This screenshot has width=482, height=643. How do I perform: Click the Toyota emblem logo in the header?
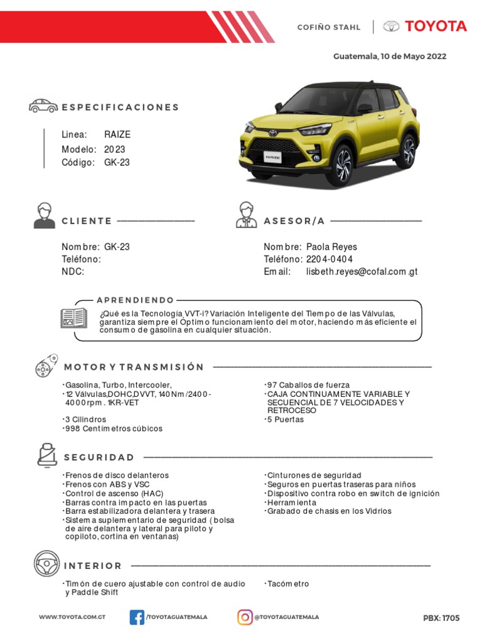(x=392, y=26)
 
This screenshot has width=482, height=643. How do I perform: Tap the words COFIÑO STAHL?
(x=328, y=27)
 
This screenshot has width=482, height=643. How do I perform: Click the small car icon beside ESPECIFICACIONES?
(x=43, y=106)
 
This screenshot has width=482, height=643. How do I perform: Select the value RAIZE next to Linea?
(x=117, y=134)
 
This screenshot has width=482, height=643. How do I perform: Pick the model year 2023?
(x=115, y=149)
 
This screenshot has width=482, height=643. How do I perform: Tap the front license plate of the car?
(x=271, y=159)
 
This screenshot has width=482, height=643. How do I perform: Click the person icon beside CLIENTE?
(x=44, y=215)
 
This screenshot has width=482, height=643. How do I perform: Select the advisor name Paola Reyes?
(x=331, y=247)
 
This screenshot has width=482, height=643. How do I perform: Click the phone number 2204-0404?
(x=329, y=259)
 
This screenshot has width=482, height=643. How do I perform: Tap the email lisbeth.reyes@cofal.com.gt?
(x=361, y=272)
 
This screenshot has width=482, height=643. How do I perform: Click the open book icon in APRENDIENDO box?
(x=73, y=318)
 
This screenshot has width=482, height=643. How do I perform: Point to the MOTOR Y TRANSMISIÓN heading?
(x=134, y=367)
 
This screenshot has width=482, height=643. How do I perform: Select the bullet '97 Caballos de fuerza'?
(x=309, y=385)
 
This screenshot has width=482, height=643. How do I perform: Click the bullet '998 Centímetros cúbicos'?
(x=114, y=428)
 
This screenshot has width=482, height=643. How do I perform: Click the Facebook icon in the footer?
(x=137, y=617)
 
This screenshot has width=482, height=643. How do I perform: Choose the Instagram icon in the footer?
(x=245, y=617)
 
